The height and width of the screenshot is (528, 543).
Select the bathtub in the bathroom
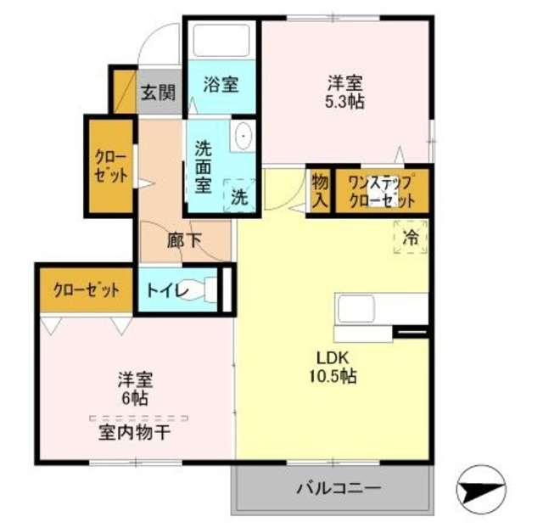point(221,39)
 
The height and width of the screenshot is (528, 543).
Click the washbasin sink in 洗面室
point(244,137)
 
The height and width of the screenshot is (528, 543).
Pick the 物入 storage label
point(319,191)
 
